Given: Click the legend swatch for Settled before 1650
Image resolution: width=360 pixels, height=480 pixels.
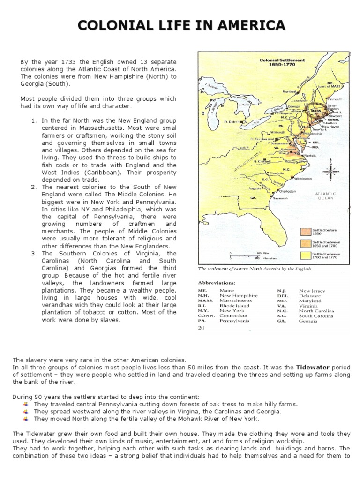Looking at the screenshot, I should point(305,232).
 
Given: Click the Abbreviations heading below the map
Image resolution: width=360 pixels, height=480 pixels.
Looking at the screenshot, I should point(217,283).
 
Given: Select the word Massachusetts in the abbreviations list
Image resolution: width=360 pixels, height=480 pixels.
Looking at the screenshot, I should point(236,300).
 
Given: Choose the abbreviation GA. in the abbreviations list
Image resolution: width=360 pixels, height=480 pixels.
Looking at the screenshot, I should point(281,321).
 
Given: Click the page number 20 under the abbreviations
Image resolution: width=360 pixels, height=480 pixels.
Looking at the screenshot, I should point(202,329).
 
